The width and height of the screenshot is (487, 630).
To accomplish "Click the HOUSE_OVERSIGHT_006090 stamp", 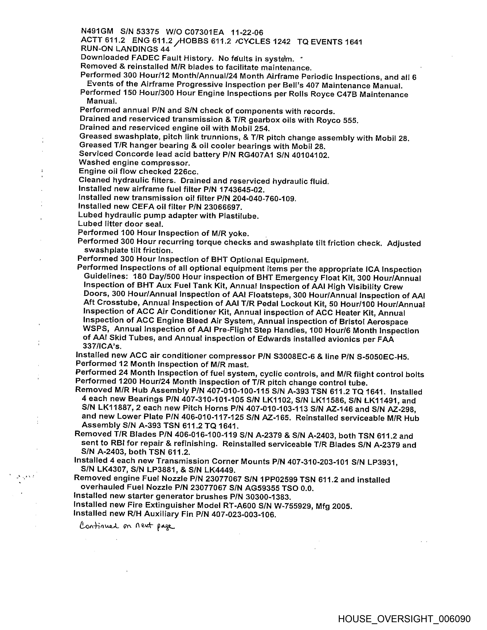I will pos(404,618).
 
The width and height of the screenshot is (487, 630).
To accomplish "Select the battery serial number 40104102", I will pos(310,155).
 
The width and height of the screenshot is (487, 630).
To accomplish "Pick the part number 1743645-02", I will pos(242,190).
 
